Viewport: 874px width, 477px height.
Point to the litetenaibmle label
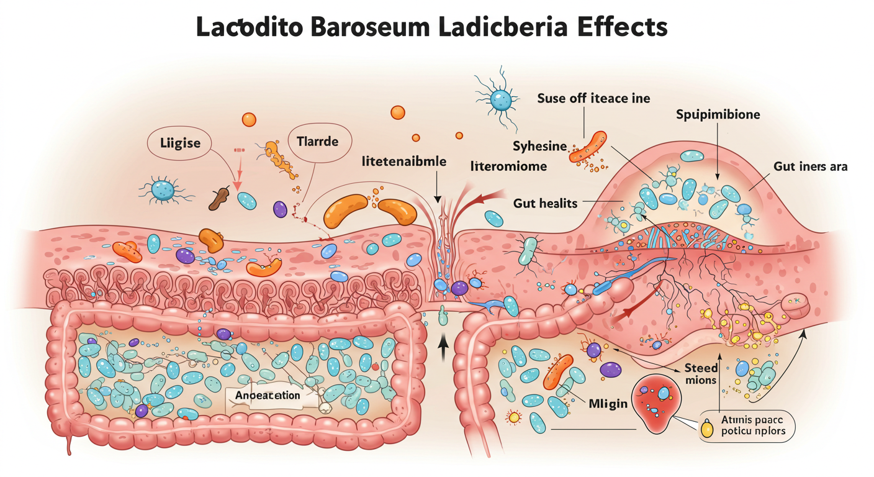click(403, 161)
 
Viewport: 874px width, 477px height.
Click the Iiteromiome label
click(509, 166)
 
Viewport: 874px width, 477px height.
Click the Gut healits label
click(546, 203)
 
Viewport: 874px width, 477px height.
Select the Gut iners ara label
click(811, 166)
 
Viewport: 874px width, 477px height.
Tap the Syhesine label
click(539, 147)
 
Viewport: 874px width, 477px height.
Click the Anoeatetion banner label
click(268, 395)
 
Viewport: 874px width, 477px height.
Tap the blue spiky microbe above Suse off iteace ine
click(500, 98)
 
